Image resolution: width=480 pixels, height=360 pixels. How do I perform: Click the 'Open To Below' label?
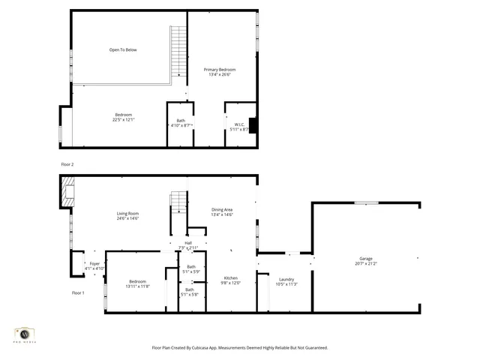123,50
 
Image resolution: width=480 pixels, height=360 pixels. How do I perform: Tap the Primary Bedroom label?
220,69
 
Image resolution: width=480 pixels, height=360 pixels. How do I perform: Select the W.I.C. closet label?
239,124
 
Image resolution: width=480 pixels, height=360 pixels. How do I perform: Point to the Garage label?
366,258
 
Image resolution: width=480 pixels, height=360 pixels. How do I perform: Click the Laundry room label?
287,279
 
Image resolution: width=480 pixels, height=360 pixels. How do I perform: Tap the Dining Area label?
222,209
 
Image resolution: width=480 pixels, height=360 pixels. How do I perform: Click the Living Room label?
127,213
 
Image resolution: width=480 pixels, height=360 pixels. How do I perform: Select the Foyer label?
94,263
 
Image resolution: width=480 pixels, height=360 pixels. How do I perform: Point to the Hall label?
187,242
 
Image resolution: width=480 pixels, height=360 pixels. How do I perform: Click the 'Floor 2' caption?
67,163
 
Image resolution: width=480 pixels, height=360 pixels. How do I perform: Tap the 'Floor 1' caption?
78,292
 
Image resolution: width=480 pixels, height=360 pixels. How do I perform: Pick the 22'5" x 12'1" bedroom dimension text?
124,119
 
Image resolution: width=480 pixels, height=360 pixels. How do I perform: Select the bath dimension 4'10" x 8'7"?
181,125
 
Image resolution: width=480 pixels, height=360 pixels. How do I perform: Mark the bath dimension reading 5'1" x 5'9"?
190,271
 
